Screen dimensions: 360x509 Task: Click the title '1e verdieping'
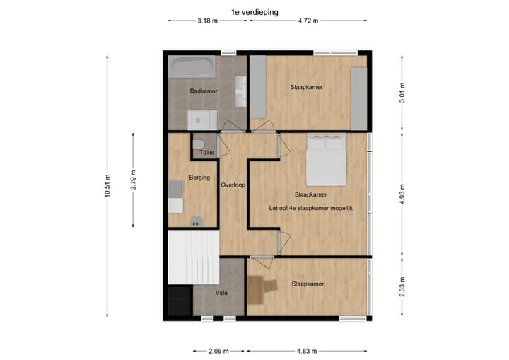(x=255, y=12)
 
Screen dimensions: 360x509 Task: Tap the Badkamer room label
(x=204, y=91)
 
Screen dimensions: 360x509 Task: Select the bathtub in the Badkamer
(x=193, y=67)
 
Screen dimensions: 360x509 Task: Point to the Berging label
(x=199, y=178)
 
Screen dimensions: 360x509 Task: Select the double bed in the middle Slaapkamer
(x=325, y=161)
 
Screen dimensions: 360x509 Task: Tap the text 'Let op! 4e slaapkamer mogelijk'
(x=310, y=209)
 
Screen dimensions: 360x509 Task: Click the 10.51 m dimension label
(x=107, y=187)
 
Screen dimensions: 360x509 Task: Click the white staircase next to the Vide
(x=192, y=257)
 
